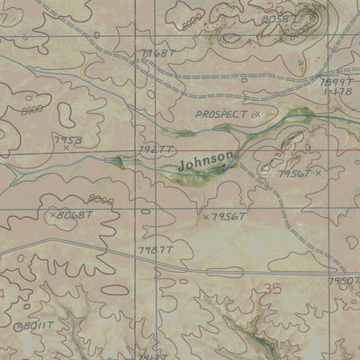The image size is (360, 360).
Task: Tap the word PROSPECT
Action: coord(221,116)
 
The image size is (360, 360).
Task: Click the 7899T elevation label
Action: coord(340,81)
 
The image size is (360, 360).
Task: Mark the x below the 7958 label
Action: coord(66,148)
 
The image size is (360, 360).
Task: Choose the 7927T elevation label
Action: coord(153,148)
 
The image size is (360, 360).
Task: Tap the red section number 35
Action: coord(274,288)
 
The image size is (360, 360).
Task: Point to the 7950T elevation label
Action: coord(346,282)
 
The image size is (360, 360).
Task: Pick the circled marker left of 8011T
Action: coord(17,326)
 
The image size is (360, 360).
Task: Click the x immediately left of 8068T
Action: coord(53,215)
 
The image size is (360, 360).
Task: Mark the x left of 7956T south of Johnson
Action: coord(206,218)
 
